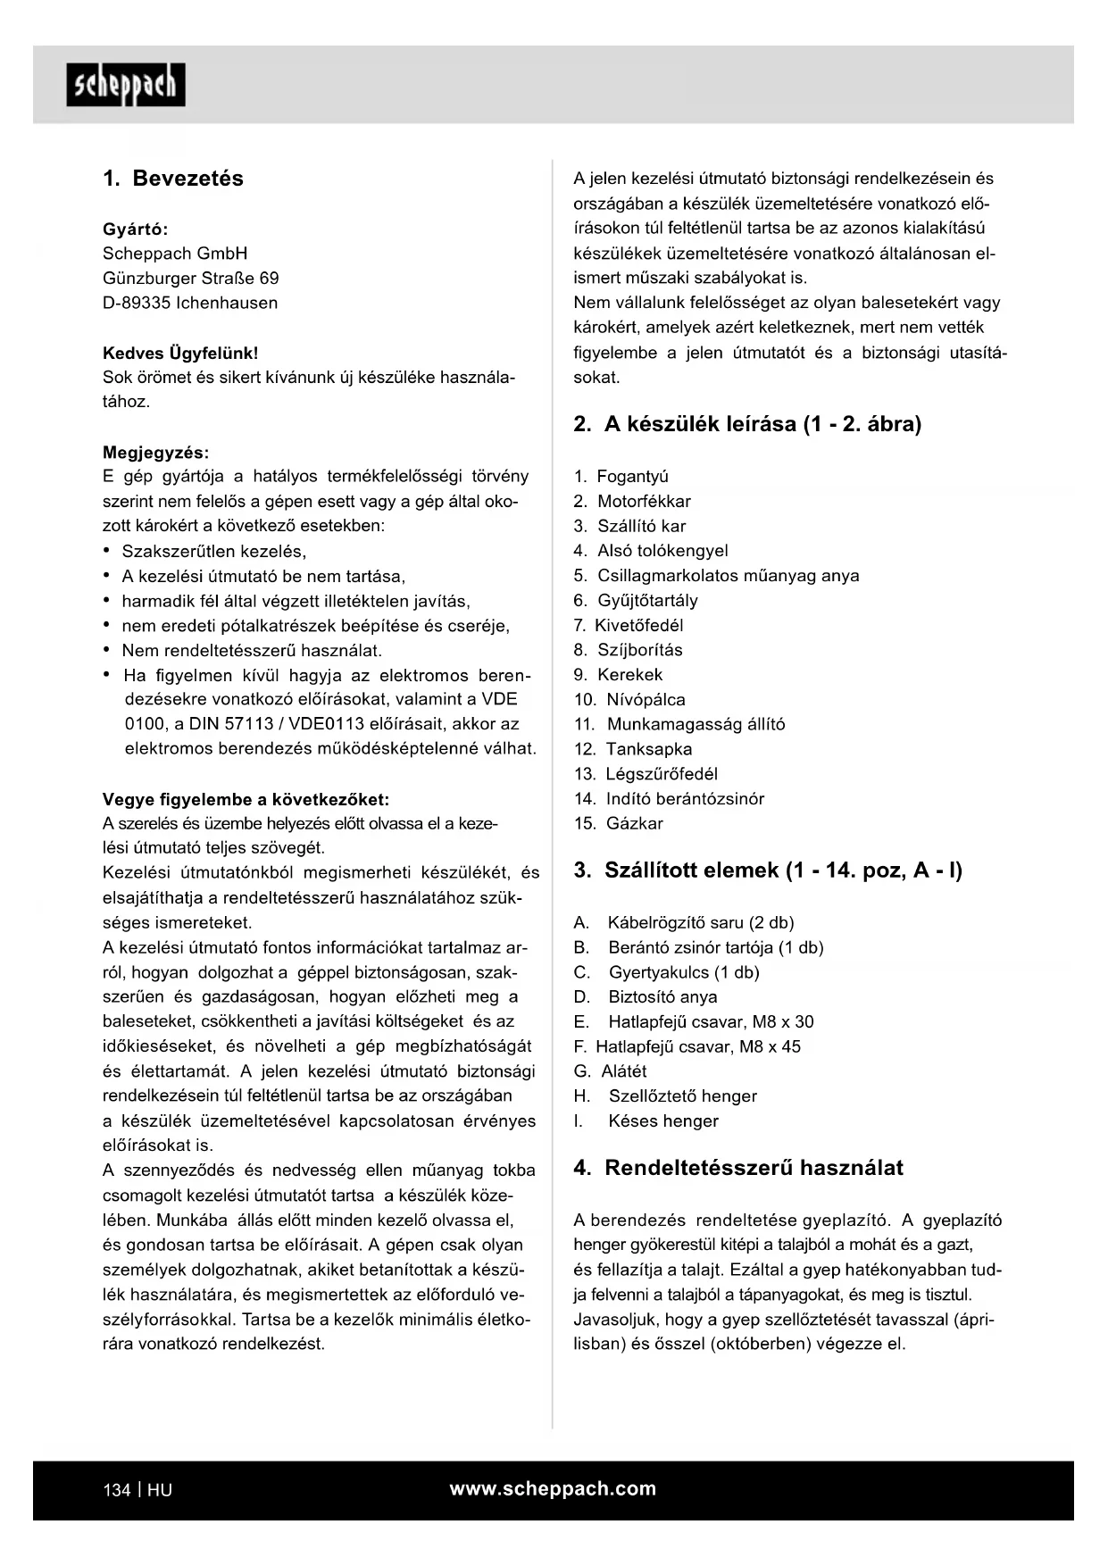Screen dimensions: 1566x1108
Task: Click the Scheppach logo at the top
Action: tap(126, 85)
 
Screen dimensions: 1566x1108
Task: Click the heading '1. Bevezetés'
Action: tap(173, 179)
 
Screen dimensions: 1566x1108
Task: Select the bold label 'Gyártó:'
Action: tap(136, 229)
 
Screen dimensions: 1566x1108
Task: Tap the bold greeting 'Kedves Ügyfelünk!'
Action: tap(180, 353)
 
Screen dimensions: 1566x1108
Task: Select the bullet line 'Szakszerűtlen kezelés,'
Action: tap(213, 551)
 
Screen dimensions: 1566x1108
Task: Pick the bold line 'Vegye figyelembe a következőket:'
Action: tap(246, 799)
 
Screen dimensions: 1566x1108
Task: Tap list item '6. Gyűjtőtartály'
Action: tap(636, 601)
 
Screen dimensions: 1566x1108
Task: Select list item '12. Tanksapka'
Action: tap(633, 749)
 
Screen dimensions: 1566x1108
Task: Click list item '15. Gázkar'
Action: tap(618, 823)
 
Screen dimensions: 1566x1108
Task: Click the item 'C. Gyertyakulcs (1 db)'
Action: tap(667, 972)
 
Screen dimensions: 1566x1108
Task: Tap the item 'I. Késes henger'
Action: tap(646, 1120)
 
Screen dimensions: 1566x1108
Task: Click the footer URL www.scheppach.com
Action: tap(553, 1488)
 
